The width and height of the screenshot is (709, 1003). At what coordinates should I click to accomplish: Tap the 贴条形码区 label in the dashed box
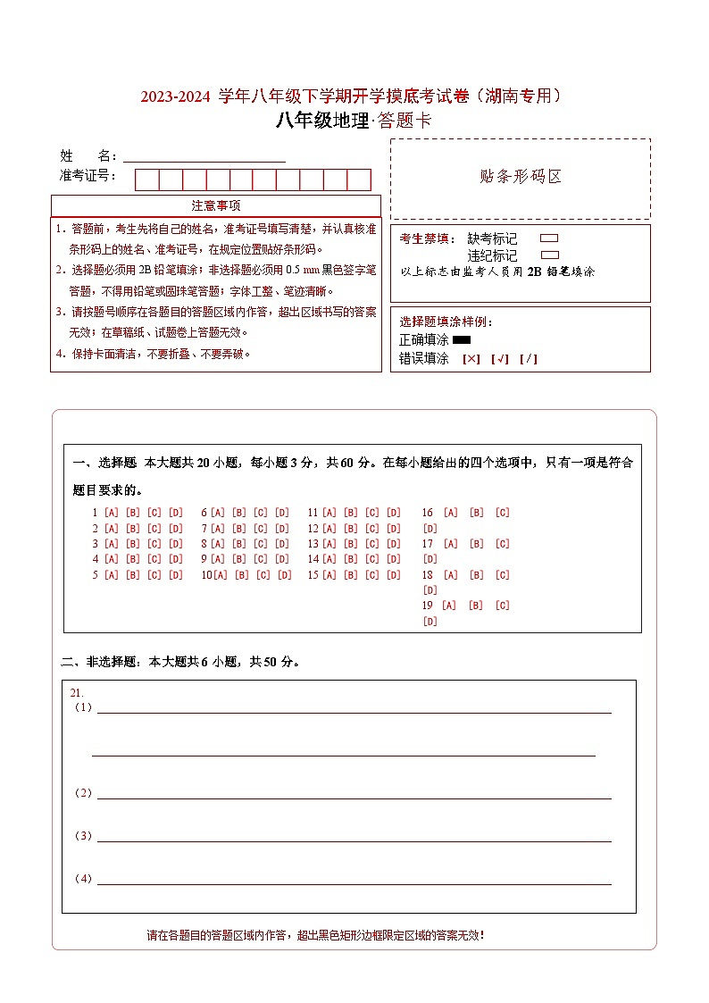521,176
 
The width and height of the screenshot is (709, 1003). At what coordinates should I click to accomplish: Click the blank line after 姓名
204,156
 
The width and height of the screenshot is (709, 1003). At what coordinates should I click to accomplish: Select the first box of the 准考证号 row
146,180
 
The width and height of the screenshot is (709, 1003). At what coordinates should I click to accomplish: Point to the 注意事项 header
215,205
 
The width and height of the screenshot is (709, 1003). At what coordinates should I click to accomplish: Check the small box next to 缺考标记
549,238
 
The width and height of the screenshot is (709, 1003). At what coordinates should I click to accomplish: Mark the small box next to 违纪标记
549,255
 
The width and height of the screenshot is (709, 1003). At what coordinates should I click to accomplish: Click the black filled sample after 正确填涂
462,339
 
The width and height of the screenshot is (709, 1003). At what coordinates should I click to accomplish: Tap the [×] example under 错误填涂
471,359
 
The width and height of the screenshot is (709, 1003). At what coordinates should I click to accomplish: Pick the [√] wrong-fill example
500,359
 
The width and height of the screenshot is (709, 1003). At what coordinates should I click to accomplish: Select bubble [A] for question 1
112,513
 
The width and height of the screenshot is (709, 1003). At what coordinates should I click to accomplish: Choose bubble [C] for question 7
261,528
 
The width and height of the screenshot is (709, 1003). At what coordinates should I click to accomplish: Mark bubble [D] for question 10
284,575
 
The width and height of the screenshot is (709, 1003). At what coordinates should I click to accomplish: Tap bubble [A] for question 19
449,606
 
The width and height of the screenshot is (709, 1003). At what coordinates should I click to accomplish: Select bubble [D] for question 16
430,528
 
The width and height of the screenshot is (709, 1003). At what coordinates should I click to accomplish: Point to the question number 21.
76,692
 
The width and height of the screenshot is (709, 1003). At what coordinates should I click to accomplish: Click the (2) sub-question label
83,793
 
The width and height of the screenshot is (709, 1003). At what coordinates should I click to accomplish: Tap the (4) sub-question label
83,879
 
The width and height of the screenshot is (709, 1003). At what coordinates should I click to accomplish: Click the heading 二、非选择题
97,662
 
